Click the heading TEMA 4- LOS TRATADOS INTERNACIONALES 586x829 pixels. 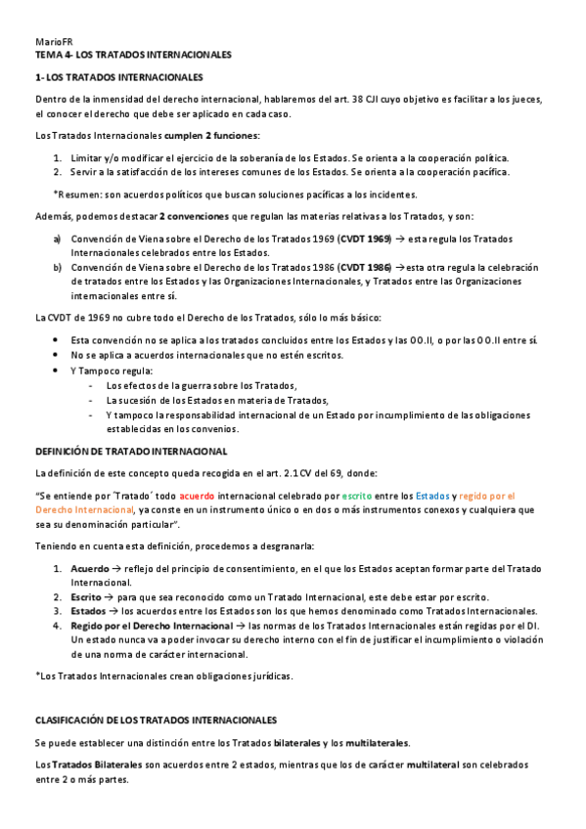[x=133, y=55]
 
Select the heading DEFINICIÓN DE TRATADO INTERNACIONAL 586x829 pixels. [x=131, y=451]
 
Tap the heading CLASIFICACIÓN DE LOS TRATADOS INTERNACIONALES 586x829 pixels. [x=157, y=720]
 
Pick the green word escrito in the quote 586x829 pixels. [x=358, y=497]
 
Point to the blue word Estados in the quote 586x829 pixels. [x=432, y=497]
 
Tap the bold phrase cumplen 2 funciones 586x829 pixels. [x=211, y=135]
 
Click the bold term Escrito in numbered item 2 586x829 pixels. [x=86, y=597]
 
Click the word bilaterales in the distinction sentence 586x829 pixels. [x=302, y=743]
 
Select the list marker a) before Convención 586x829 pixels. [x=58, y=240]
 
